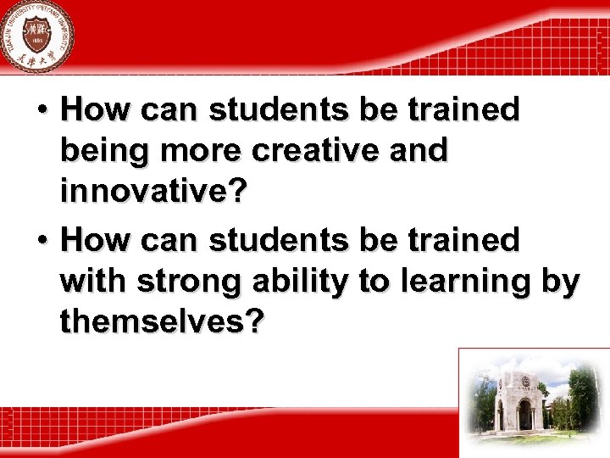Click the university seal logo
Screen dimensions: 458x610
click(x=36, y=36)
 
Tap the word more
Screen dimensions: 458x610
click(x=194, y=151)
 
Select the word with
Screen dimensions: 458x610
click(x=89, y=282)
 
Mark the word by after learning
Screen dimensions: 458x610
click(x=562, y=282)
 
